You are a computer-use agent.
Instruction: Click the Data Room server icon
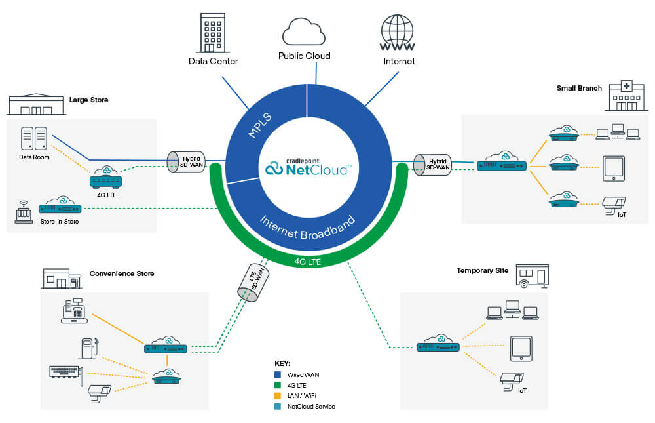[33, 138]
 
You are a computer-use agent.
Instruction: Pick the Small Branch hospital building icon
[623, 97]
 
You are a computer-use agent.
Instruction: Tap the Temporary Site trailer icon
[532, 275]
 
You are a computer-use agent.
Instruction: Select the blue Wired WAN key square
[278, 374]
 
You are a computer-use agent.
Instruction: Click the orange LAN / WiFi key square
[278, 395]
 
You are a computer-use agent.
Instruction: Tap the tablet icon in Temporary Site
[521, 349]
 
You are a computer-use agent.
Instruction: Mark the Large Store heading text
[88, 100]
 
